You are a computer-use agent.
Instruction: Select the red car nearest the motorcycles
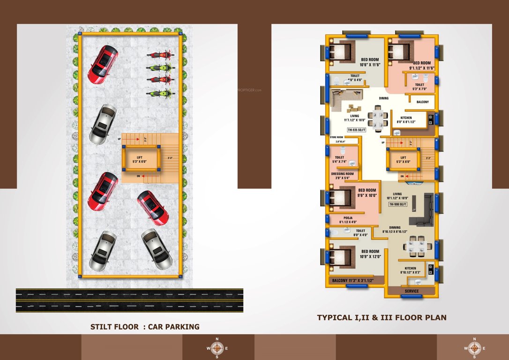[x=103, y=64]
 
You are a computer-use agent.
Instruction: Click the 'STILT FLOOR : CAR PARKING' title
[x=145, y=327]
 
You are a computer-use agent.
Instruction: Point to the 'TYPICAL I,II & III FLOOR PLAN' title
[x=382, y=318]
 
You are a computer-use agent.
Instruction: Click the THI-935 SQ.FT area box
[x=356, y=130]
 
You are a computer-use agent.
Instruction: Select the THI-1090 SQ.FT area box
[x=397, y=205]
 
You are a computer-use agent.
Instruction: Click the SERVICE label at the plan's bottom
[x=412, y=291]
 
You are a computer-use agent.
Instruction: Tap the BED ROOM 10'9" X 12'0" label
[x=370, y=254]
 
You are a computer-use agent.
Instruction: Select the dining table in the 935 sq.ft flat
[x=378, y=117]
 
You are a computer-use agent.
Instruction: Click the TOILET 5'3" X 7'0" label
[x=419, y=87]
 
